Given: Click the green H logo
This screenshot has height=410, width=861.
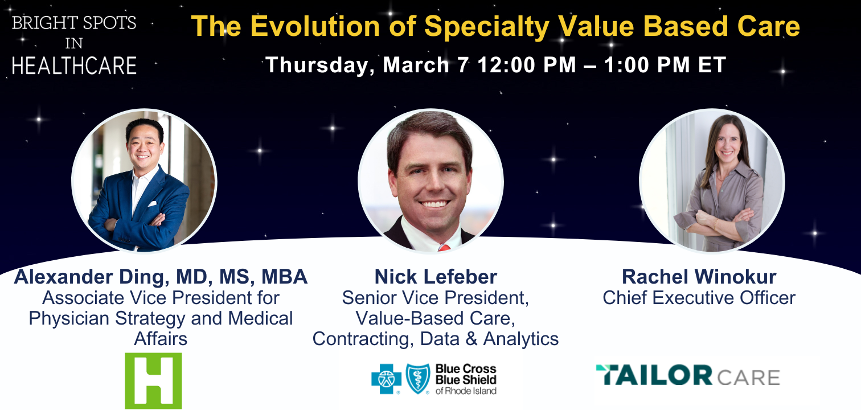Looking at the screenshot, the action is tap(153, 380).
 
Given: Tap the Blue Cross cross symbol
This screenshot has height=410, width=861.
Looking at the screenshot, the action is tap(386, 379).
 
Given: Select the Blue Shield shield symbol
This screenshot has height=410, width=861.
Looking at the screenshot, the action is tap(418, 379).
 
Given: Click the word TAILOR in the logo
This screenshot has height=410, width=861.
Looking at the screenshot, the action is tap(654, 375).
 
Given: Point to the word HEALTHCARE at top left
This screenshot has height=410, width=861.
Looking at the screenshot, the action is tap(74, 65).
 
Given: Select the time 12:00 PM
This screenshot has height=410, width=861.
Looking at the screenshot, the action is tap(527, 64).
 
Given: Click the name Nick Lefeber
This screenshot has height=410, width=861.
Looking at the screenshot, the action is tap(436, 277).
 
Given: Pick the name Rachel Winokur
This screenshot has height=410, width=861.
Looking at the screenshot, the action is tap(699, 277).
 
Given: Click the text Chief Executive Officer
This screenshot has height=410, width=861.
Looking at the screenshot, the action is tap(699, 298).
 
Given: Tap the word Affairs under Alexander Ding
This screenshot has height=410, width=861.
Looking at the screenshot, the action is tap(161, 338).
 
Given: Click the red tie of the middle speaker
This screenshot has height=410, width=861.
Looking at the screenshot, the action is tap(444, 247).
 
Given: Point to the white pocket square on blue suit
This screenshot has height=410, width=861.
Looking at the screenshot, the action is tap(152, 204).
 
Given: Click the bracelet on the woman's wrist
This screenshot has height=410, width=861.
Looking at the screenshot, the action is tap(716, 224).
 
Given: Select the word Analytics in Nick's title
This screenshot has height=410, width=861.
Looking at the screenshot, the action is tap(521, 339).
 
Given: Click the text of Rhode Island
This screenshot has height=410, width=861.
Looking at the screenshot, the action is tap(466, 391).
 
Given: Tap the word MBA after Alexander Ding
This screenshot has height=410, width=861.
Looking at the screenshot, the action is tap(284, 277).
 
